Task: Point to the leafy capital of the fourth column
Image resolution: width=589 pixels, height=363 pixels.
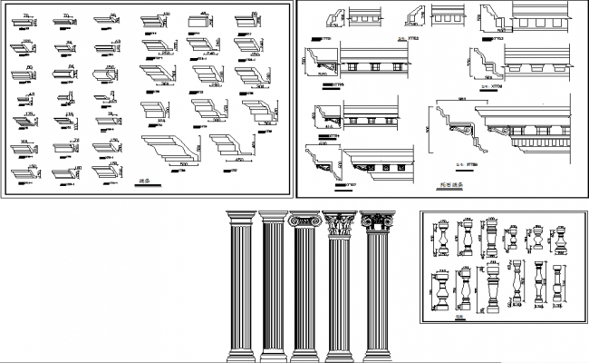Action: tap(340, 222)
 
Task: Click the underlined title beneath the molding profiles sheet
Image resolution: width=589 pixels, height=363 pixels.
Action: tap(149, 184)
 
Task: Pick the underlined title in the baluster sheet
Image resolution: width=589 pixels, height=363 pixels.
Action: tap(459, 317)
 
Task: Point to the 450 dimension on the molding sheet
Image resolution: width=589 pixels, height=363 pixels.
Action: tap(237, 160)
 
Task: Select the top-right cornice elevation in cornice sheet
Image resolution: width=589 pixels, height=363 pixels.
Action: tap(544, 23)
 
